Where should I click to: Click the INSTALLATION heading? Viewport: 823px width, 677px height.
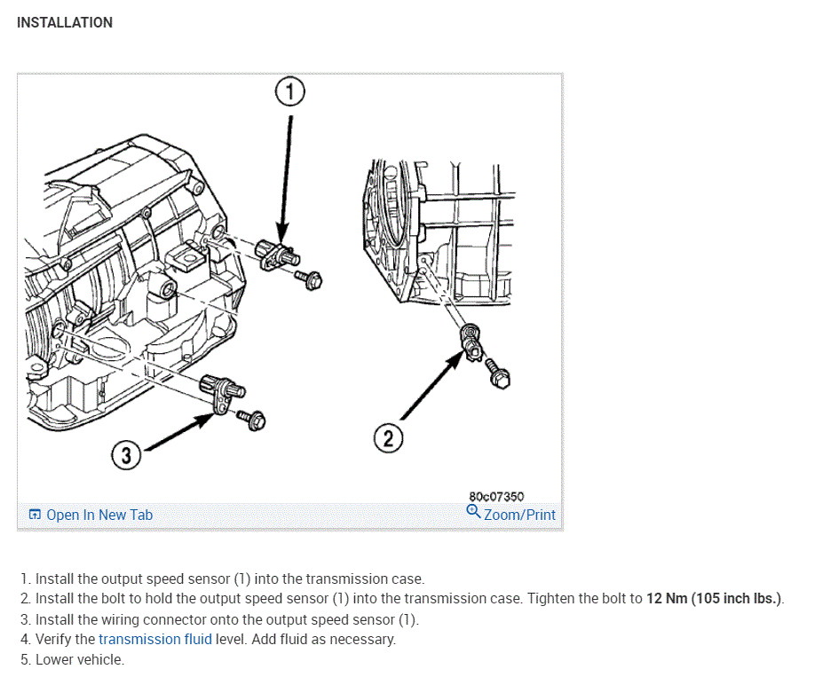point(65,22)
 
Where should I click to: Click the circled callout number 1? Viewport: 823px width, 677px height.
point(289,91)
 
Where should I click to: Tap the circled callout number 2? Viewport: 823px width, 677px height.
point(388,437)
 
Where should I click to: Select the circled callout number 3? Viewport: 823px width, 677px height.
point(126,456)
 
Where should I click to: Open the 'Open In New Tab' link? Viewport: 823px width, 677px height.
point(99,515)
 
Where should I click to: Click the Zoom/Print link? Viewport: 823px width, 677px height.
point(519,515)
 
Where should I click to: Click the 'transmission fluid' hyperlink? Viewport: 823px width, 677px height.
point(155,639)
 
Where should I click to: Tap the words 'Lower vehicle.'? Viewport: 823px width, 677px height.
point(80,660)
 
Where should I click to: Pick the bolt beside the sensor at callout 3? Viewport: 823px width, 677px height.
point(255,420)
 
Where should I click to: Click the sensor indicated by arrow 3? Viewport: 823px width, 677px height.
point(222,391)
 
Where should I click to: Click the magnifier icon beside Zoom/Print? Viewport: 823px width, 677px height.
point(474,512)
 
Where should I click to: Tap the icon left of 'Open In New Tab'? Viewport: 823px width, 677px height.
point(35,515)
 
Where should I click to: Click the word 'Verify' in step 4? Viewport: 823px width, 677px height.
point(56,639)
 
